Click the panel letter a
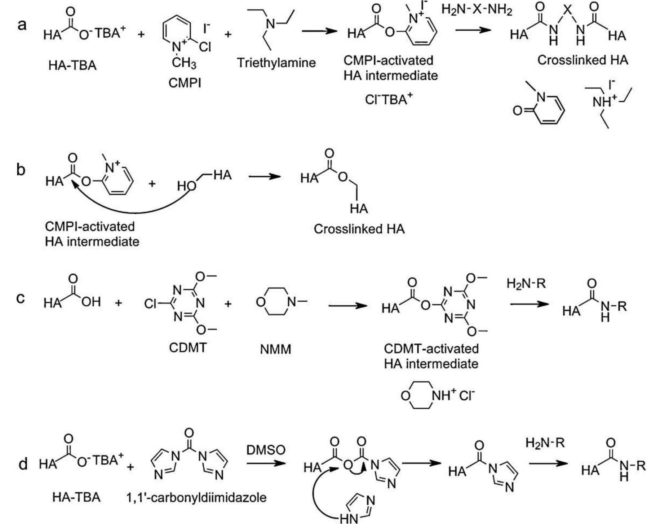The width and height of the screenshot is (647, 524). (x=22, y=25)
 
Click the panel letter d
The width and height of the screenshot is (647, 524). (x=22, y=464)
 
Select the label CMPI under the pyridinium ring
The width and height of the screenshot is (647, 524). (x=185, y=83)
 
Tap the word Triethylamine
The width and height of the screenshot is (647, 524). (x=276, y=63)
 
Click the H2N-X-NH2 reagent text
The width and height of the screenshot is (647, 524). (x=477, y=10)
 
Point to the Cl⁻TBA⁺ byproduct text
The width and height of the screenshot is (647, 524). (x=388, y=99)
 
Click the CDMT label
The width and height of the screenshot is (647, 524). (x=188, y=348)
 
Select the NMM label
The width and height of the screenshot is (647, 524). (x=275, y=349)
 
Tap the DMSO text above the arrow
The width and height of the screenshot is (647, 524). (x=266, y=450)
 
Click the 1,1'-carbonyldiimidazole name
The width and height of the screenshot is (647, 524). (x=196, y=498)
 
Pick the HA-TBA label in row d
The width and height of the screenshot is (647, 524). (x=76, y=498)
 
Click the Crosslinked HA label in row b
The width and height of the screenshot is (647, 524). (x=359, y=229)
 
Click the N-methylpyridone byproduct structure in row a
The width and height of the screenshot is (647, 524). (x=541, y=107)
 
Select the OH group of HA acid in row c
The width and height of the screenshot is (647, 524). (x=91, y=302)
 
